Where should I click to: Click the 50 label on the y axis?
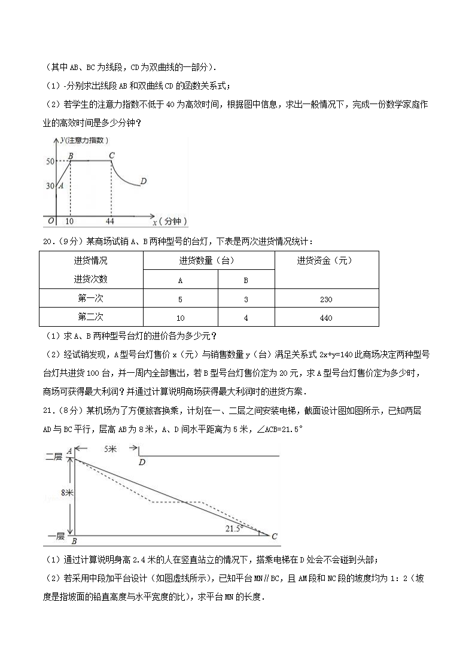point(50,161)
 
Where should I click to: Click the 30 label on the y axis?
point(50,186)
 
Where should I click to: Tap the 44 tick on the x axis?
point(110,221)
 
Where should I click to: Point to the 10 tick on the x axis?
point(70,221)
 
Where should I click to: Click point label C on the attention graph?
point(111,156)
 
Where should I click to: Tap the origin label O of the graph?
point(51,221)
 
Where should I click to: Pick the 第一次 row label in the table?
point(91,299)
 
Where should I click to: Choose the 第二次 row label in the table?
point(91,317)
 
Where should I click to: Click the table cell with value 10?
point(180,317)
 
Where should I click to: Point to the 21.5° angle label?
point(234,528)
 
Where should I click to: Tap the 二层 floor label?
point(54,457)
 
